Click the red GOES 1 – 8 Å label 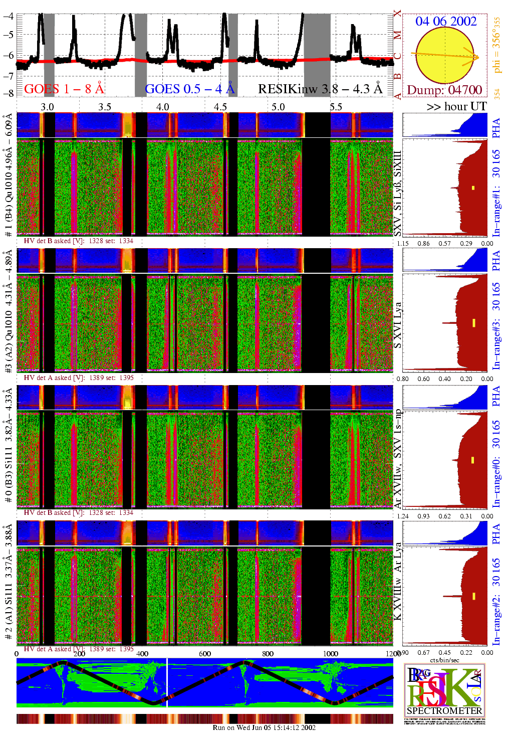coord(64,89)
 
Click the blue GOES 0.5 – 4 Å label coord(189,89)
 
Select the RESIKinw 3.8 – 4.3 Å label coord(320,89)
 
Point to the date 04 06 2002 coord(445,21)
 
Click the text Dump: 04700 coord(444,90)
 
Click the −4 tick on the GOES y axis coord(9,16)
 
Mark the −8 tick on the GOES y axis coord(9,93)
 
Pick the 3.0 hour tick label coord(47,107)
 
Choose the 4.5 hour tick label coord(220,107)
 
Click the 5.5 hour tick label coord(336,107)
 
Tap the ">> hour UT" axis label coord(456,106)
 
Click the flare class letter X coord(397,14)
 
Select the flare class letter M coord(397,36)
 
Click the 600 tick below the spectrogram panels coord(205,653)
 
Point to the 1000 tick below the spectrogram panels coord(331,653)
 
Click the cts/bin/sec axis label coord(444,660)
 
